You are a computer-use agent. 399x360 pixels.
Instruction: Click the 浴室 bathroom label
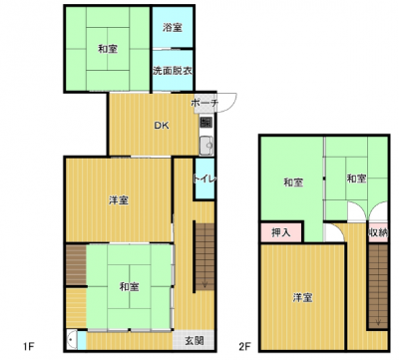point(173,27)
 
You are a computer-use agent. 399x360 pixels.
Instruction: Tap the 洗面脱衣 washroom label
point(173,71)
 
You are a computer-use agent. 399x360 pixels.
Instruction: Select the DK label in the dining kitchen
point(162,126)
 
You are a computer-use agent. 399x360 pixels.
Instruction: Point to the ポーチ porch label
point(204,103)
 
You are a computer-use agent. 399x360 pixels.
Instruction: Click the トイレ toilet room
point(204,179)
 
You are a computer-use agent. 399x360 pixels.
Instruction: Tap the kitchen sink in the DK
point(206,146)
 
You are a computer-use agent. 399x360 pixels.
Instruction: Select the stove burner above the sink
point(205,123)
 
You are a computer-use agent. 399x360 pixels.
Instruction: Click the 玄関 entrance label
point(195,340)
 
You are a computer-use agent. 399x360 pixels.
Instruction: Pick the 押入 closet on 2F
point(281,232)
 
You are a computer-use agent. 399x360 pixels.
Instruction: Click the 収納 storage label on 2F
point(378,232)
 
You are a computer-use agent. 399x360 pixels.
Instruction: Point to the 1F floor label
point(29,347)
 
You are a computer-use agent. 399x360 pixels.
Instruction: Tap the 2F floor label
point(244,347)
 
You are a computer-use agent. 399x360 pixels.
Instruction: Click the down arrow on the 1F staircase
point(204,283)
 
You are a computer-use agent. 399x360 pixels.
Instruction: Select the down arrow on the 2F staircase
point(378,321)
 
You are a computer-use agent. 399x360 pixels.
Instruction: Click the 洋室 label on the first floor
point(119,200)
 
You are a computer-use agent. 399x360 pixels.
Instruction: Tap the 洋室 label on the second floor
point(302,297)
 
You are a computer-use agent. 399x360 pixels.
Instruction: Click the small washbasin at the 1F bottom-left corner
point(71,340)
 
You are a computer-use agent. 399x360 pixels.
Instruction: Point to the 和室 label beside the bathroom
point(108,49)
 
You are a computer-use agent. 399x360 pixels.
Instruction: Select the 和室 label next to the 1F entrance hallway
point(130,286)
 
